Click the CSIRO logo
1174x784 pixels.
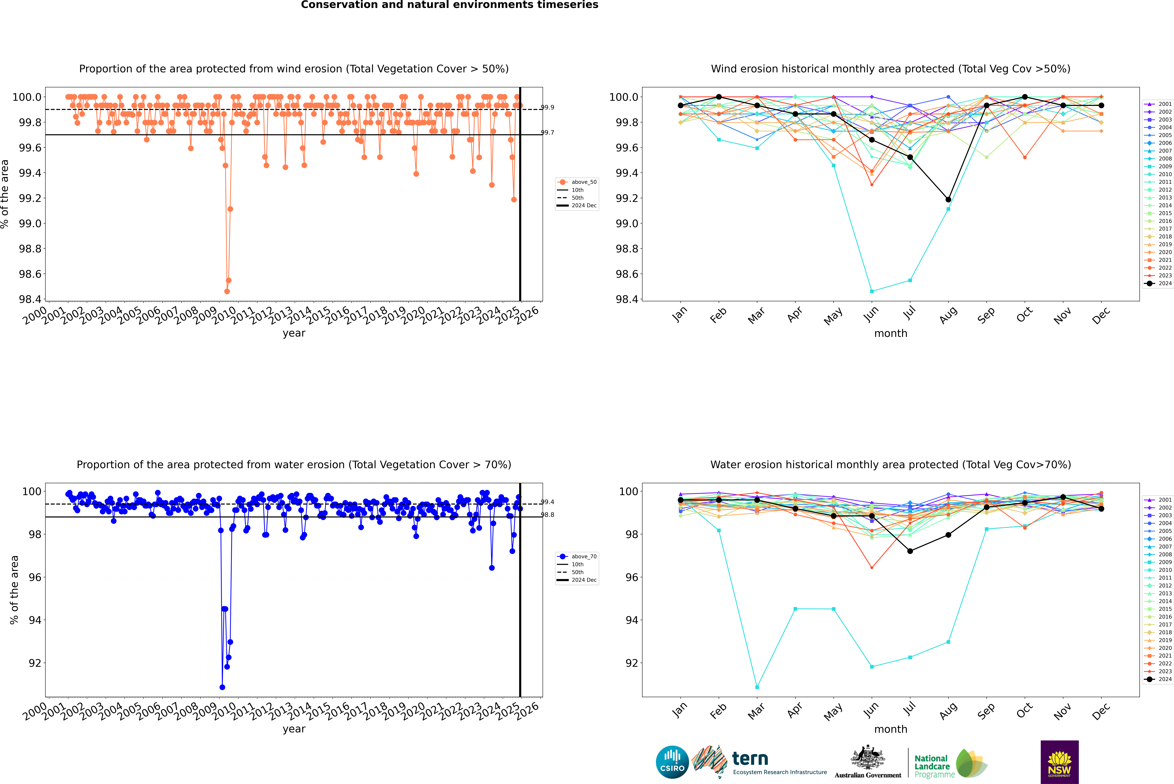[x=672, y=762]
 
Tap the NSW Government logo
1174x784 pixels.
[x=1059, y=762]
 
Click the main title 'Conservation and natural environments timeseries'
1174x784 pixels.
[x=449, y=5]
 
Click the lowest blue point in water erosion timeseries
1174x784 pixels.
[x=222, y=687]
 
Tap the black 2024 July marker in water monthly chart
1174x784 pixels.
[x=910, y=551]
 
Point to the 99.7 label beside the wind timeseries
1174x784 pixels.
[x=547, y=133]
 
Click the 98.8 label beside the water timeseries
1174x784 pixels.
[x=547, y=514]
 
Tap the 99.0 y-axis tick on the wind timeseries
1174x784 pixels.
[x=30, y=223]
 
